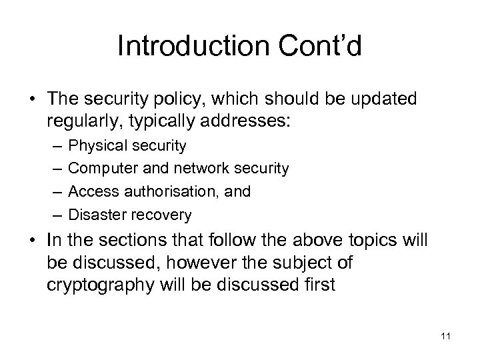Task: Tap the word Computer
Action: (99, 169)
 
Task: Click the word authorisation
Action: (159, 192)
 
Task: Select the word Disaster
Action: (93, 215)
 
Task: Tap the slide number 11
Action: (445, 336)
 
